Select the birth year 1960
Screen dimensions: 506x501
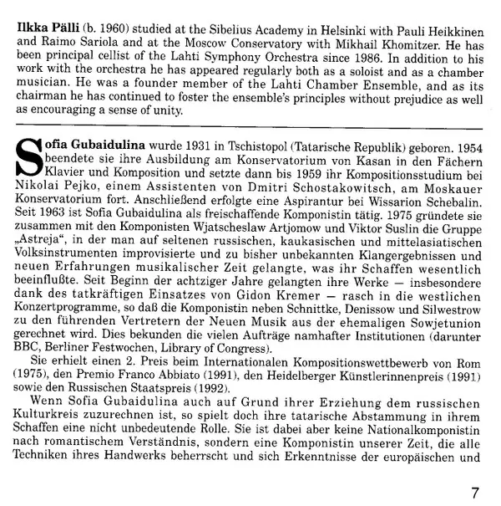118,14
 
